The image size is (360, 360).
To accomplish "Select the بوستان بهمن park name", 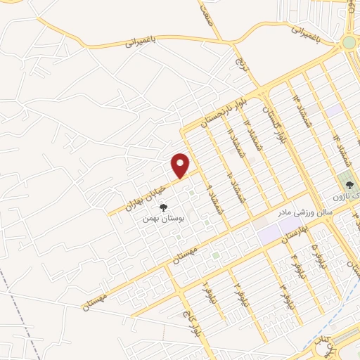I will point(162,219).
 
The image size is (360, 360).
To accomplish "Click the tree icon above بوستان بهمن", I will point(164,207).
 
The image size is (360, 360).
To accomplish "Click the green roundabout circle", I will point(349,43).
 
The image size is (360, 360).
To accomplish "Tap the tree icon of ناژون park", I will point(347,185).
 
